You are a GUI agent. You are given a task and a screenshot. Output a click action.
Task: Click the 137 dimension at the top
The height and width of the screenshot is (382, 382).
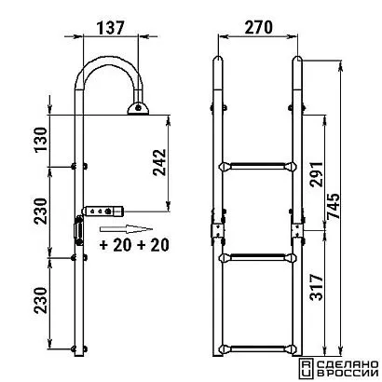[110, 27]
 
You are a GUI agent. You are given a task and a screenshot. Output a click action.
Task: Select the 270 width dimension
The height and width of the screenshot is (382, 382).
[258, 27]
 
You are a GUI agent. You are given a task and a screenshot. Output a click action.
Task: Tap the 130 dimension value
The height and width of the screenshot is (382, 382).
[41, 140]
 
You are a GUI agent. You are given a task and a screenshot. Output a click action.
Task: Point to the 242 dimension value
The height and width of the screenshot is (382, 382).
[159, 163]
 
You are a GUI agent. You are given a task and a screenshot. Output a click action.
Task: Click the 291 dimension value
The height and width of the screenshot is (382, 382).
[317, 173]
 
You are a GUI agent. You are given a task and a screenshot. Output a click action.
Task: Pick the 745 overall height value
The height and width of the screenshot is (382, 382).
[334, 207]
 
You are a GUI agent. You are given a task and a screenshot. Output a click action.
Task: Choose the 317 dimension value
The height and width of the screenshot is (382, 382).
[317, 287]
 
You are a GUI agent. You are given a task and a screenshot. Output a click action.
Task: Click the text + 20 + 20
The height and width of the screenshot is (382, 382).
[134, 245]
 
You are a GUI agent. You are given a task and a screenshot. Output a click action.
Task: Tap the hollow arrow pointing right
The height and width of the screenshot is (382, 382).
[126, 229]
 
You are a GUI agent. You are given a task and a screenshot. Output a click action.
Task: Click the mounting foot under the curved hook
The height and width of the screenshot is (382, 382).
[138, 108]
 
